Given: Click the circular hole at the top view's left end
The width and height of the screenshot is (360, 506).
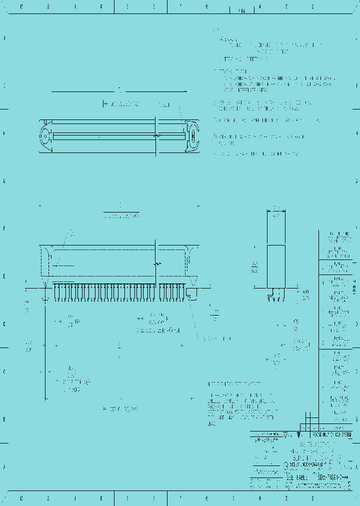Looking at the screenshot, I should [x=44, y=135].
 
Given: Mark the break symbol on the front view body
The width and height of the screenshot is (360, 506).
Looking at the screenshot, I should [x=157, y=263].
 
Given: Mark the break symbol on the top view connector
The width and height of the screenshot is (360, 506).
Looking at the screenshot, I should [x=157, y=135].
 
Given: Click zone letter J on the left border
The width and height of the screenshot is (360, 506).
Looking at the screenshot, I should [x=4, y=38].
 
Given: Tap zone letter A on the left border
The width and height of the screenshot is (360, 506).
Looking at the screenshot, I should [x=4, y=467].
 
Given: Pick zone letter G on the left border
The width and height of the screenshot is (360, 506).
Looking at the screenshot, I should [x=4, y=181].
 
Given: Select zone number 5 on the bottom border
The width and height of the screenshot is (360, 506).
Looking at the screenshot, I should [x=233, y=498].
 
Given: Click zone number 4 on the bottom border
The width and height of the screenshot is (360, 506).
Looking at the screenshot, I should [x=260, y=498].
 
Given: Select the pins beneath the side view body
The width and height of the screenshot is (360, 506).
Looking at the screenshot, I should [x=275, y=297].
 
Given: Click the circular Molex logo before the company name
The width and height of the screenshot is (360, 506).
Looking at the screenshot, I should [x=286, y=464].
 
